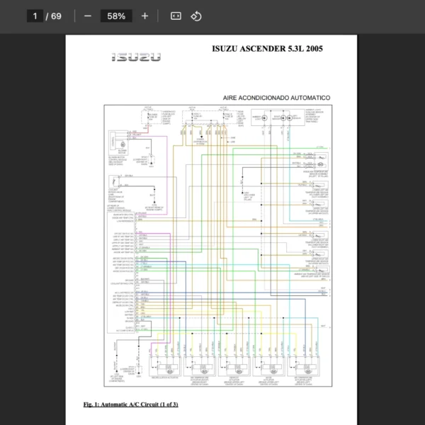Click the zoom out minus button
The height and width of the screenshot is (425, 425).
(88, 16)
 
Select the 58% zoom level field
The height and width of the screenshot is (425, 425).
(116, 16)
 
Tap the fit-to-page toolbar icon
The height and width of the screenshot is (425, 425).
(176, 16)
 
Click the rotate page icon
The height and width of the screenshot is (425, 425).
(197, 16)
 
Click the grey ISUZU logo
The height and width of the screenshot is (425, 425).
(136, 57)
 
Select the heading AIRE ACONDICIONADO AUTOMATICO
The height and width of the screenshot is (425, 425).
(276, 97)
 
